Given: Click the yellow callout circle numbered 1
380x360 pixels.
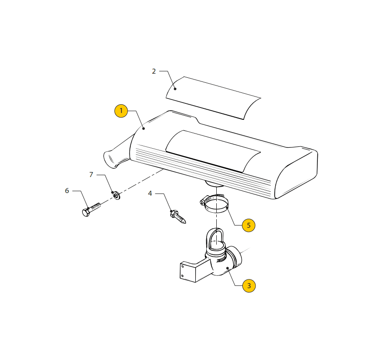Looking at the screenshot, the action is point(121,111).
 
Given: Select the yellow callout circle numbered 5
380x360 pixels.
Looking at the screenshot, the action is point(248,225).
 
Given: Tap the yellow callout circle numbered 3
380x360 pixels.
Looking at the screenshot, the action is point(249,285).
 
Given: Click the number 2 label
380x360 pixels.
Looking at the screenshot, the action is point(154,71).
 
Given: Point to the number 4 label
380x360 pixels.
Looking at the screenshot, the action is point(150,193).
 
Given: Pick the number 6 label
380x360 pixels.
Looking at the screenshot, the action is point(67,191).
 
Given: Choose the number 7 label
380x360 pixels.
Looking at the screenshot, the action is point(91,175).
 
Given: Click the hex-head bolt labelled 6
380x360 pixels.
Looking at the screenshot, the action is point(91,210).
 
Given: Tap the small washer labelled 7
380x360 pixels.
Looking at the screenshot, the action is point(117,195).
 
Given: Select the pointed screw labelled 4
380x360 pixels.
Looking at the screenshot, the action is point(178,217).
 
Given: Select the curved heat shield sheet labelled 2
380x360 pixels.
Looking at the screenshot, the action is point(213,98).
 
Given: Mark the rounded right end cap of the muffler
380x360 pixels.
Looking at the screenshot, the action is point(296,179).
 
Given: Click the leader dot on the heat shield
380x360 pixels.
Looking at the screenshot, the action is point(175,89).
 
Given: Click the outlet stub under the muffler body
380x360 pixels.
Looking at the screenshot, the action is point(214,184).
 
